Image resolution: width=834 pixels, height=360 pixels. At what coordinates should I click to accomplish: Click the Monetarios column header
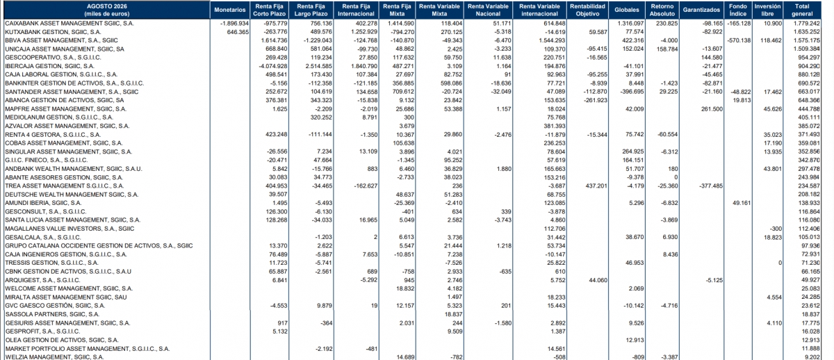click(x=230, y=10)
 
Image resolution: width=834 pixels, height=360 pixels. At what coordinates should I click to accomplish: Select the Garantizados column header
click(x=701, y=10)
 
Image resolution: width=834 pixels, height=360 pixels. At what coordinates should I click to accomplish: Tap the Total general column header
click(x=802, y=10)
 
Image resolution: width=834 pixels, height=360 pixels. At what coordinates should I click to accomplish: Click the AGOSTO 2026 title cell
click(x=107, y=10)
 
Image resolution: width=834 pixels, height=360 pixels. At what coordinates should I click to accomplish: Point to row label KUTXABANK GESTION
click(x=53, y=32)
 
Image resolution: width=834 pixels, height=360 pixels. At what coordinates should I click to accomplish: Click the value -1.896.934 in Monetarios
click(x=235, y=24)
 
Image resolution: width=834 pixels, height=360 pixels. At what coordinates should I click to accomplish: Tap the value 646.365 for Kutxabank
click(x=238, y=32)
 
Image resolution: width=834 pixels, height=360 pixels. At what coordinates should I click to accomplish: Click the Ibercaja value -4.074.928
click(x=273, y=66)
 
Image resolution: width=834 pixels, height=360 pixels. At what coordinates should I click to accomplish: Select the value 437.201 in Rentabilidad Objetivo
click(x=596, y=186)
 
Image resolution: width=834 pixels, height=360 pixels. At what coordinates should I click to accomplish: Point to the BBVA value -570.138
click(x=739, y=40)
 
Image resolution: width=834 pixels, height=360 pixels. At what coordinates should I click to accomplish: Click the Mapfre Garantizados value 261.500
click(x=712, y=109)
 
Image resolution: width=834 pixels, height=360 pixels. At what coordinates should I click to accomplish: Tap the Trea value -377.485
click(x=710, y=186)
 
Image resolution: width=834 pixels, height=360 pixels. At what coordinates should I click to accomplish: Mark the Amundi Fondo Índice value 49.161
click(x=742, y=203)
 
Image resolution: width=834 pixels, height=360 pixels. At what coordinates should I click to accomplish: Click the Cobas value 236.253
click(x=554, y=143)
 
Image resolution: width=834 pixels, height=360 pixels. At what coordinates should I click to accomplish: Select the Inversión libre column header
click(x=767, y=10)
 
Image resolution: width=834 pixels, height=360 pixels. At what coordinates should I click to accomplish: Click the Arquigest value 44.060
click(x=598, y=280)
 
